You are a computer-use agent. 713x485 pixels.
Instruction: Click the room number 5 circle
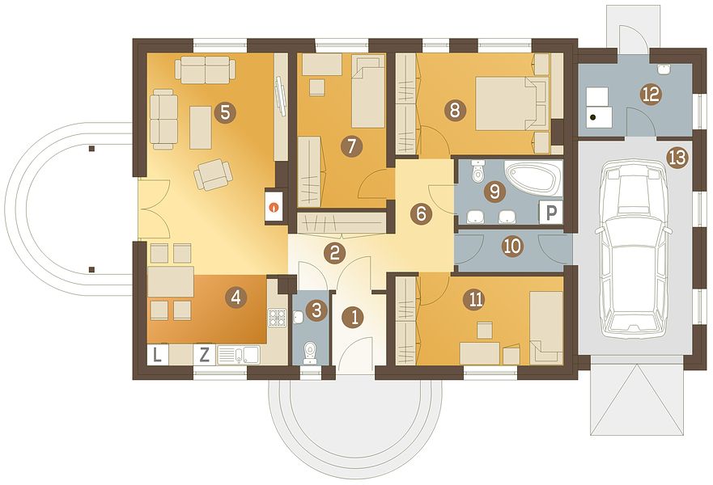225,112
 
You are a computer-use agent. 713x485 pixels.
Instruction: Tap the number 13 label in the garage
677,158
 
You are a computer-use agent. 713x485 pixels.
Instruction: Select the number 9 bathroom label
494,192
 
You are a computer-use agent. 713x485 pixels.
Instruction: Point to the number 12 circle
651,94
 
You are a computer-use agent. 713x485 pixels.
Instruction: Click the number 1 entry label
355,317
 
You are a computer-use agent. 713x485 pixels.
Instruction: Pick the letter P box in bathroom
550,212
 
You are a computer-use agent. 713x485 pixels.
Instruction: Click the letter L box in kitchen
157,354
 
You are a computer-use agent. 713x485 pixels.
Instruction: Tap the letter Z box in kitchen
205,354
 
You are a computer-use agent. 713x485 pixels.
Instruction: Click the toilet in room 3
310,352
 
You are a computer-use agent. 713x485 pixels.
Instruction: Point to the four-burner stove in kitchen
277,318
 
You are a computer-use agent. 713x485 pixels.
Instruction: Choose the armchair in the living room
213,174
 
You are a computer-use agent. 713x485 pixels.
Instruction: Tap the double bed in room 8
511,103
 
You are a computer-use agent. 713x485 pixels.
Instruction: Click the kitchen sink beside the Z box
238,355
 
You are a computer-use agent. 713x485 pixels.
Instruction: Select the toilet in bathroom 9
477,171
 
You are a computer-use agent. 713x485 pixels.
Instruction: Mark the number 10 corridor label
512,247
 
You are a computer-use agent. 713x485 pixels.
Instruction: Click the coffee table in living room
201,127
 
